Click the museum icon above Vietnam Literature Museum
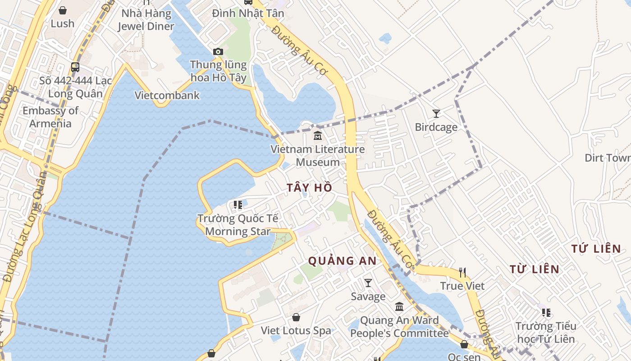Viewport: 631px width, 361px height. coord(318,135)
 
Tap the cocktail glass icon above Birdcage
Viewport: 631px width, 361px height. coord(436,114)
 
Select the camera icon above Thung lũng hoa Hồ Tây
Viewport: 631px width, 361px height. coord(218,51)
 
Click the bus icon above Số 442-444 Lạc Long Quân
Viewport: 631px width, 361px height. coord(75,67)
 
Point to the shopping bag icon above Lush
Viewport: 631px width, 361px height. coord(63,10)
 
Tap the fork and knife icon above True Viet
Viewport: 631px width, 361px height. coord(462,272)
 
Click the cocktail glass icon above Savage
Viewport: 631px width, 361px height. coord(368,283)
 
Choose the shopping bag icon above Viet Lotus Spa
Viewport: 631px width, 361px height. coord(296,317)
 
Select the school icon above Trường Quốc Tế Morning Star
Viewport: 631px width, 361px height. coord(238,205)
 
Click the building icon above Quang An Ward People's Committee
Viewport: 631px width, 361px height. coord(399,307)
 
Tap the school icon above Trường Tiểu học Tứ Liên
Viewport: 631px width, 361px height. coord(546,312)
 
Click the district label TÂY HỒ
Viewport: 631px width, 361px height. coord(309,188)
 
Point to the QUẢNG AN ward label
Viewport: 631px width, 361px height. coord(342,260)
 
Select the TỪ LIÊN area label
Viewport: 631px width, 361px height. coord(534,269)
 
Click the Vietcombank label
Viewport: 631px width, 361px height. coord(167,96)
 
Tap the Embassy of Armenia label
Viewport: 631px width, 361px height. coord(50,117)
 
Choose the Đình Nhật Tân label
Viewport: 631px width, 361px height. coord(248,14)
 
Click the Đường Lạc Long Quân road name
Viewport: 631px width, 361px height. coord(26,226)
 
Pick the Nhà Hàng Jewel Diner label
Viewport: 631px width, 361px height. coord(146,20)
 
